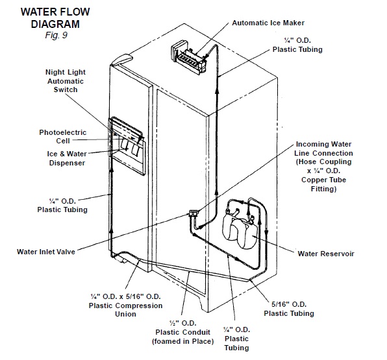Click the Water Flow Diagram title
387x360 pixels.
point(55,18)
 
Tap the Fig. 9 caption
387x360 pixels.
point(56,35)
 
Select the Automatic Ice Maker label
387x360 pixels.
point(268,23)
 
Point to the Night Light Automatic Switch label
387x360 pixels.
point(66,81)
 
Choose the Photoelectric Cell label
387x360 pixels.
point(63,137)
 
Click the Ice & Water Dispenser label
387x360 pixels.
point(67,158)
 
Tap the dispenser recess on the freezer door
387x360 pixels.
point(127,146)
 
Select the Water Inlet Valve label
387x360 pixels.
point(46,252)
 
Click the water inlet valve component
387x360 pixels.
point(193,213)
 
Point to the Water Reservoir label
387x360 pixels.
point(326,254)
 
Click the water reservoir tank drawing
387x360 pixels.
point(240,230)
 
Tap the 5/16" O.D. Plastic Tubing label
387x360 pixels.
point(289,309)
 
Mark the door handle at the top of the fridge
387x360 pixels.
point(121,60)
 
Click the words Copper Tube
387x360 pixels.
point(323,180)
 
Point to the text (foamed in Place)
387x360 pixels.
point(183,341)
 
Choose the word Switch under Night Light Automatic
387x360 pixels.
point(66,90)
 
